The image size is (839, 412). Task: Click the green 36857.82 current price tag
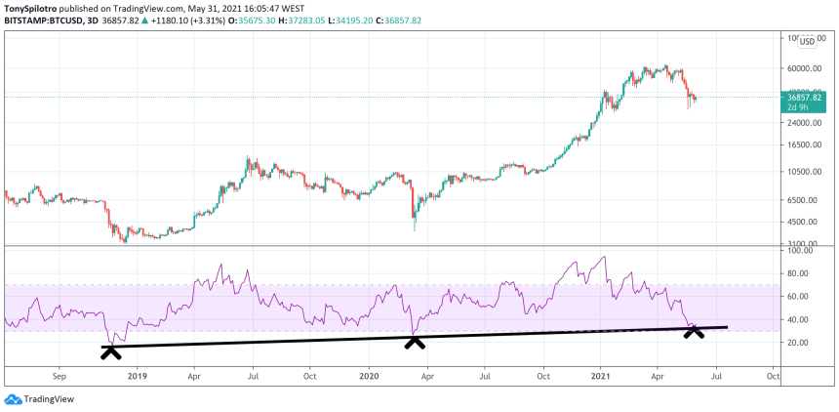[803, 97]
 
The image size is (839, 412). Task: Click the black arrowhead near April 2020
[416, 341]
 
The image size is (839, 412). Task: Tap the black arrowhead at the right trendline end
[694, 331]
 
